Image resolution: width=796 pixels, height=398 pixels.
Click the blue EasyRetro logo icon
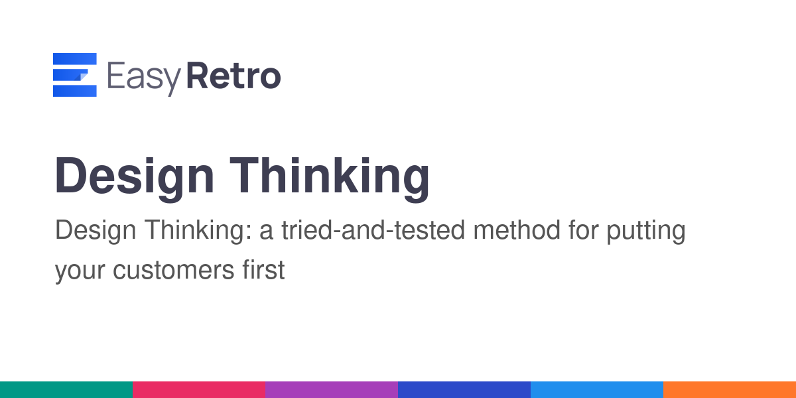point(74,74)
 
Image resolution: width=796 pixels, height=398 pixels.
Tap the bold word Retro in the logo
point(233,76)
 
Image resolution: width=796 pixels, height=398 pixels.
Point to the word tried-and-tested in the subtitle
point(373,230)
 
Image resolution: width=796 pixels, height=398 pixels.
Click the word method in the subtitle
point(517,230)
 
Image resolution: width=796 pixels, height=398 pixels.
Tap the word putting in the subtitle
point(646,232)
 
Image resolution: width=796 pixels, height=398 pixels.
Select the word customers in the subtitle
point(173,270)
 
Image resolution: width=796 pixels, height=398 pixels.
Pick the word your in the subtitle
point(80,273)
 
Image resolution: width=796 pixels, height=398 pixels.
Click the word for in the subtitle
point(584,230)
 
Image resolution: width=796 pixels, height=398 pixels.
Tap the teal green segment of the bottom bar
point(66,390)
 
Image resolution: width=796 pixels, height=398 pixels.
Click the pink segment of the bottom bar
point(199,390)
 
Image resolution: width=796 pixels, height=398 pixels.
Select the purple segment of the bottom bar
point(332,390)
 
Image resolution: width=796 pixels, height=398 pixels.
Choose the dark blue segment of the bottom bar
point(464,390)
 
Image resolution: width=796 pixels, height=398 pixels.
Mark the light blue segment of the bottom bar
point(597,390)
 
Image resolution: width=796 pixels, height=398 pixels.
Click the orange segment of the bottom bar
point(730,390)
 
